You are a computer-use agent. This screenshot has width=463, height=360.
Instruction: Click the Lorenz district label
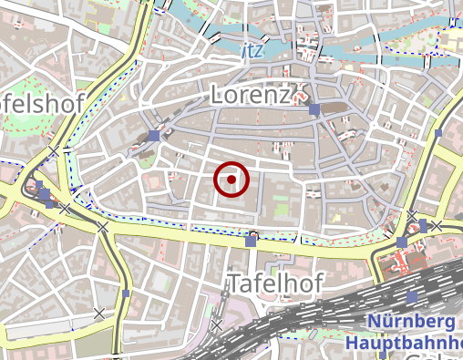[251, 94]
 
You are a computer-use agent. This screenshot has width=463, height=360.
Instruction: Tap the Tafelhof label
[275, 283]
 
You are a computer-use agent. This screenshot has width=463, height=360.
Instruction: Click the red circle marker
[231, 180]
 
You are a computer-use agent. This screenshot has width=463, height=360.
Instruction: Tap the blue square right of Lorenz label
[314, 109]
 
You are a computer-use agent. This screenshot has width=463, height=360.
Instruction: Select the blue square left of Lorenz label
[153, 136]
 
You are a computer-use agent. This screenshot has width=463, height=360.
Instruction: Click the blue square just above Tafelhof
[251, 242]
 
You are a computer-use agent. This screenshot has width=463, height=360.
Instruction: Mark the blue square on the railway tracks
[412, 296]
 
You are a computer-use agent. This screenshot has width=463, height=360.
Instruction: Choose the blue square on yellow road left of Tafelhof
[125, 294]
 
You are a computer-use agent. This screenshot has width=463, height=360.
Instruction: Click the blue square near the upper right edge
[437, 132]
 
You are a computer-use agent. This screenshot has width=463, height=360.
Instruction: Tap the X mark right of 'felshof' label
[55, 150]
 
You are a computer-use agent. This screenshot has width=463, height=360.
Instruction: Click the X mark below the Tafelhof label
[216, 324]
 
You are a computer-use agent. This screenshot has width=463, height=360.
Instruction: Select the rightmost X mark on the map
[437, 225]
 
